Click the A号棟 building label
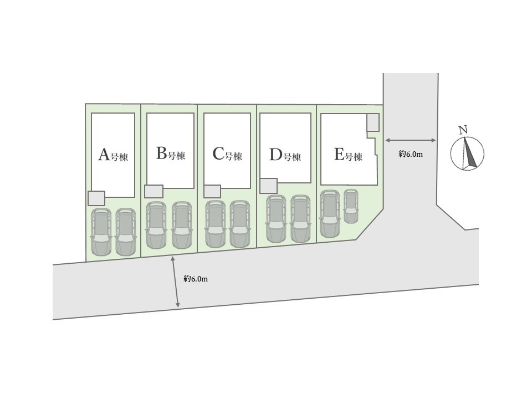click(113, 156)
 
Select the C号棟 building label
click(227, 155)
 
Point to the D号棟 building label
click(285, 155)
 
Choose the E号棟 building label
click(348, 155)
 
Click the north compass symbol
click(467, 154)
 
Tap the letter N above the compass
click(463, 130)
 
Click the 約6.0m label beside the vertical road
click(411, 154)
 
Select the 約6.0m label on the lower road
click(196, 279)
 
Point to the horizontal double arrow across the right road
click(411, 140)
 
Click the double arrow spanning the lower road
click(176, 282)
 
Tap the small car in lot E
click(351, 206)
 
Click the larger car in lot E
click(329, 214)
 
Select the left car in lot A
click(101, 232)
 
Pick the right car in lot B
click(182, 225)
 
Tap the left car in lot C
click(216, 224)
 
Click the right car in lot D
click(300, 219)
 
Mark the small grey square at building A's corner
click(96, 198)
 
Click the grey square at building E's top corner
click(373, 122)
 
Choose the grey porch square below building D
click(268, 186)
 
